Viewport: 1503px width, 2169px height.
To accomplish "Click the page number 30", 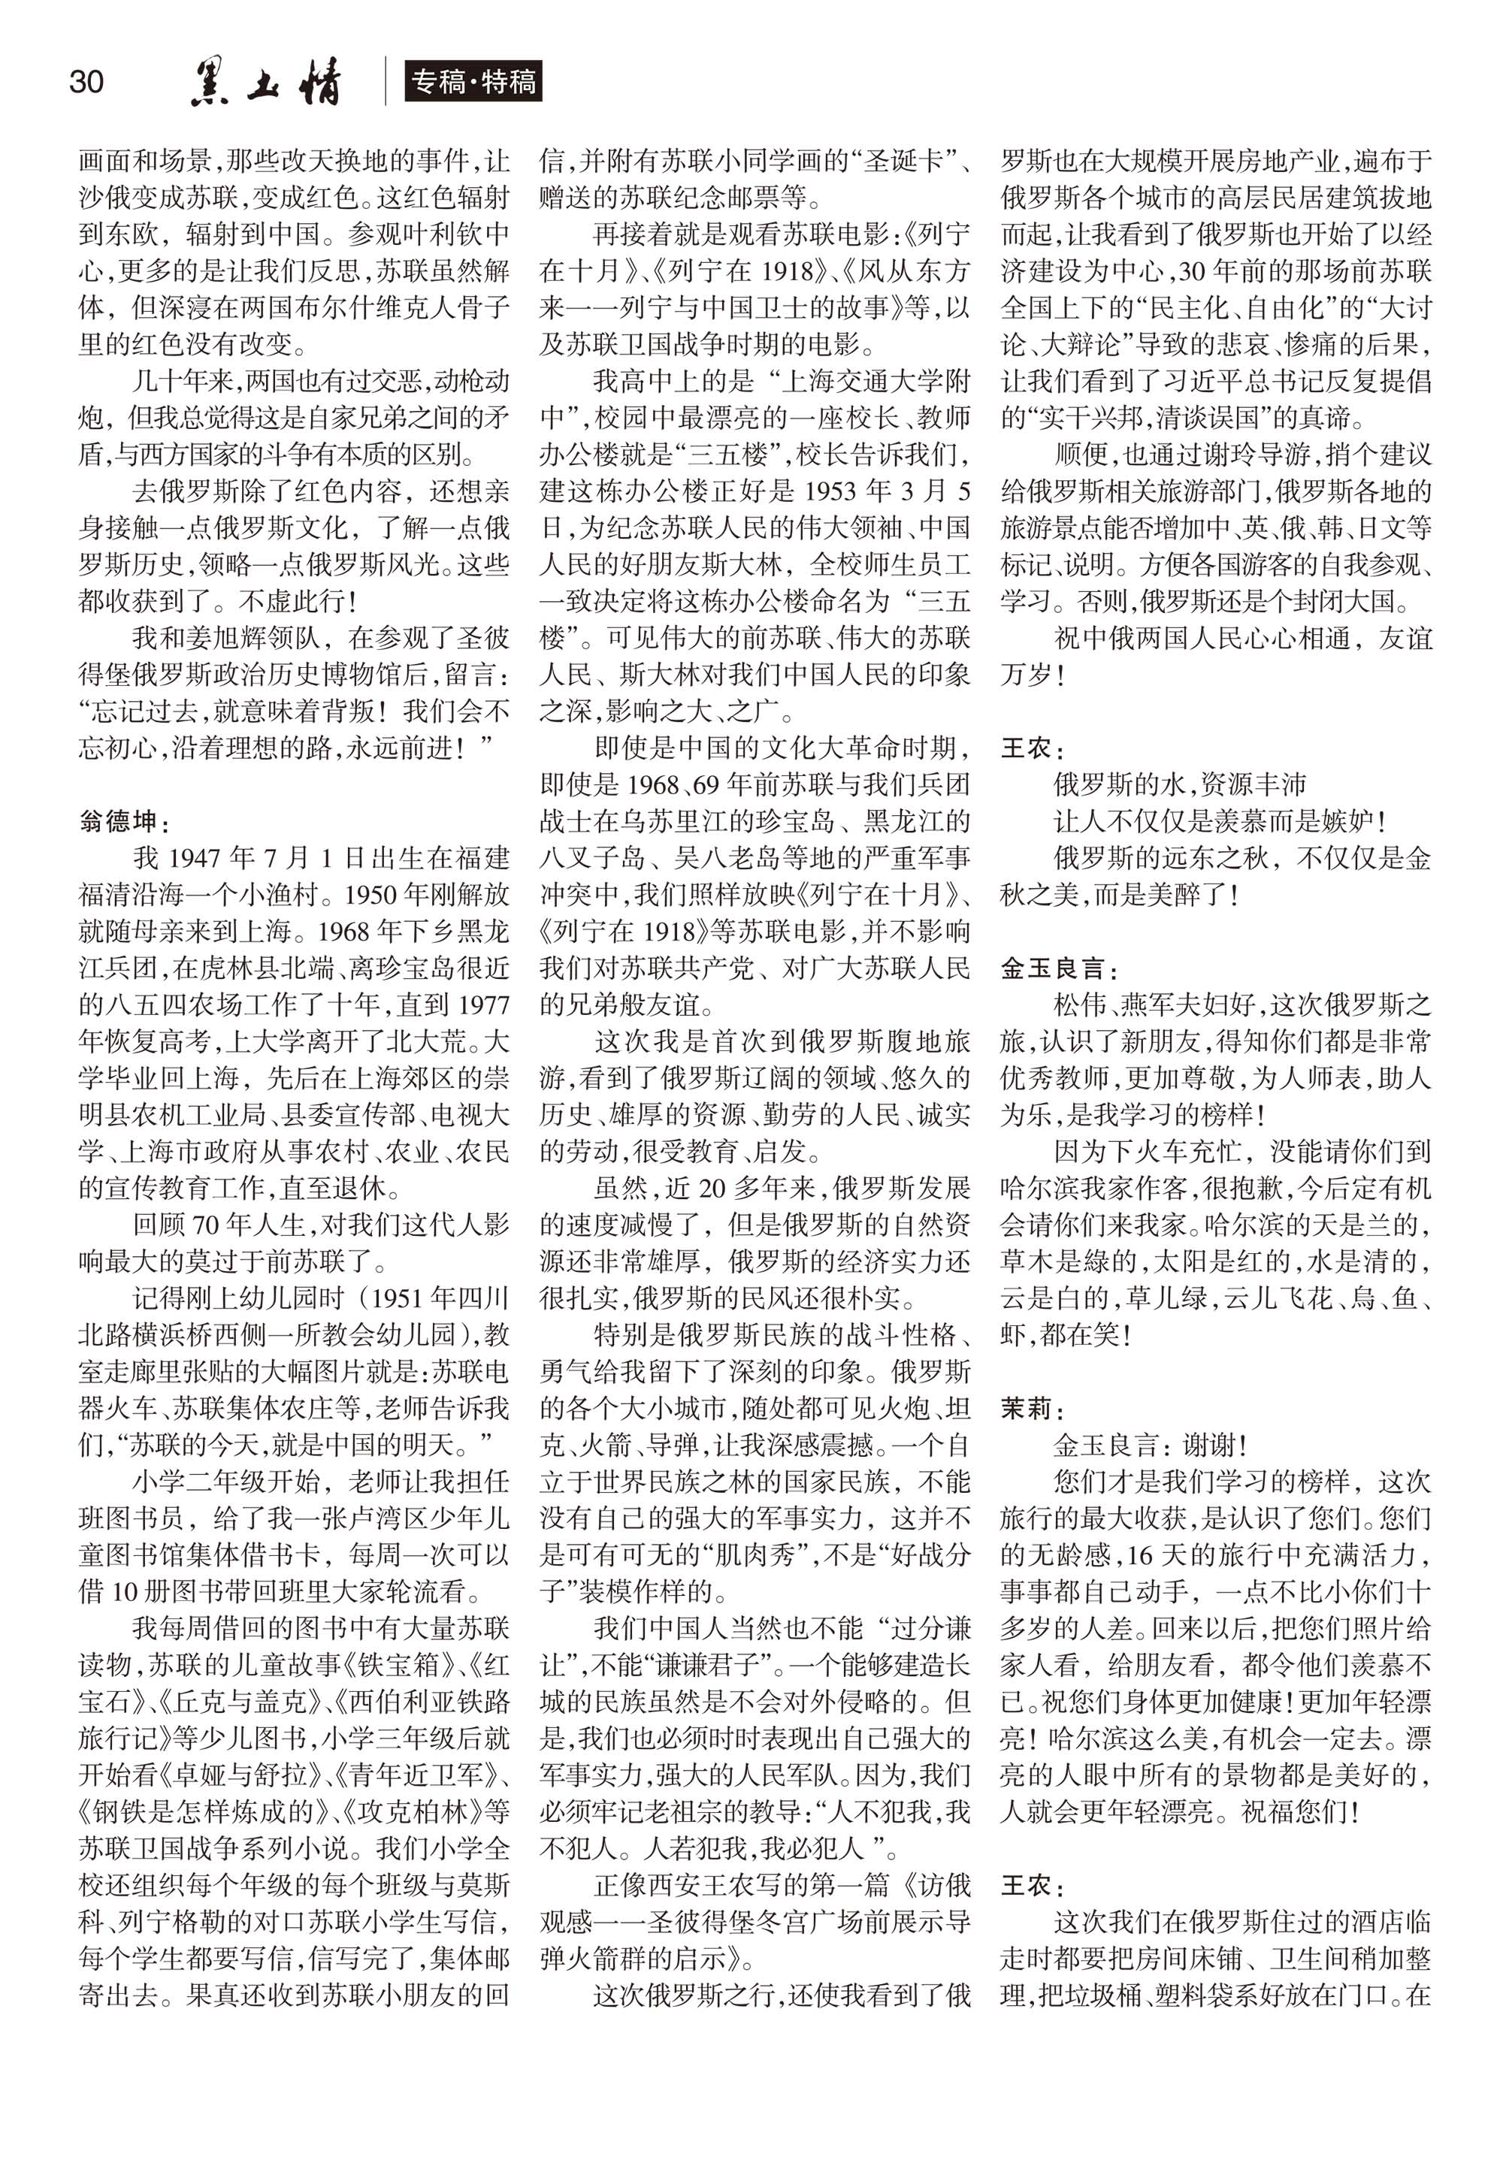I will click(x=86, y=82).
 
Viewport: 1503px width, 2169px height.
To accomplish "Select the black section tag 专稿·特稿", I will click(x=473, y=82).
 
